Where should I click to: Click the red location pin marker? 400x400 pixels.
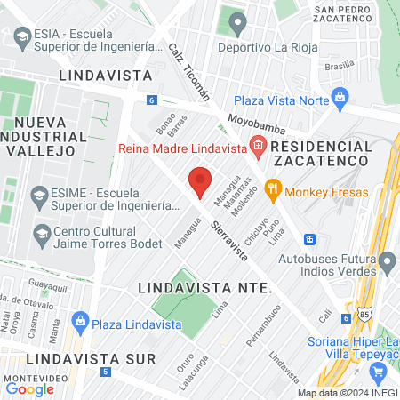(x=200, y=181)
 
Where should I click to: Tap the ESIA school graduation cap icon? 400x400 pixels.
(x=20, y=37)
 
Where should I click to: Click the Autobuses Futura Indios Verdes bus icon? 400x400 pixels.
(x=310, y=239)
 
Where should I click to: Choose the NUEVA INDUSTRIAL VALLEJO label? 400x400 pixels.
(x=44, y=137)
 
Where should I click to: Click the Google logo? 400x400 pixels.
(x=29, y=388)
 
